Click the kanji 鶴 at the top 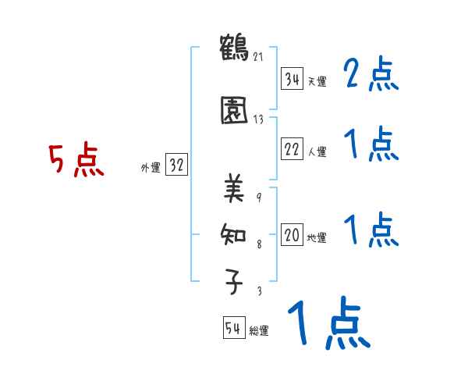tap(234, 48)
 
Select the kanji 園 tap(234, 110)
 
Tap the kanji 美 tap(234, 188)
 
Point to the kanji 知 tap(233, 234)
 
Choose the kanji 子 tap(233, 282)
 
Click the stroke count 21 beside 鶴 tap(258, 57)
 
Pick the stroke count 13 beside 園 tap(258, 119)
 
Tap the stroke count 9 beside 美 tap(259, 198)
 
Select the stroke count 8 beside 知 tap(259, 244)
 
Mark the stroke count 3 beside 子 tap(260, 290)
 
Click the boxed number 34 tap(292, 79)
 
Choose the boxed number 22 tap(292, 148)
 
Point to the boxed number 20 tap(292, 234)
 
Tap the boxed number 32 tap(176, 164)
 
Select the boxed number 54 tap(234, 327)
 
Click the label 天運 tap(317, 81)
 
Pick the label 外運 tap(151, 168)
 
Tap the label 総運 tap(259, 331)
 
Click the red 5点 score tap(76, 159)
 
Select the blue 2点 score tap(371, 73)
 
